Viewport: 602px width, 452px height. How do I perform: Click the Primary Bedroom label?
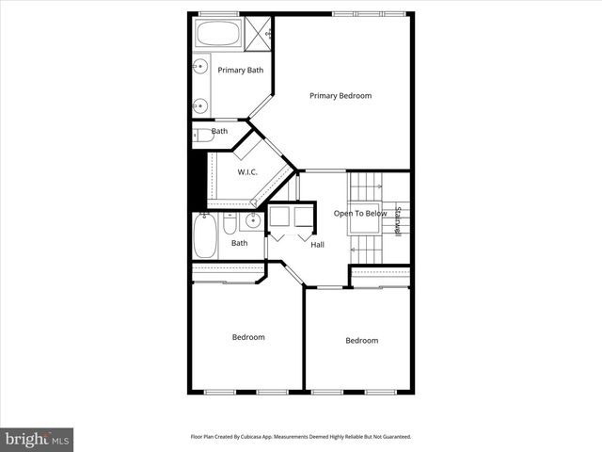[341, 95]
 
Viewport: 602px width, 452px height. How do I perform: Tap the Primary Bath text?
[241, 70]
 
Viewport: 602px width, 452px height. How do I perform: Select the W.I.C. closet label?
[247, 171]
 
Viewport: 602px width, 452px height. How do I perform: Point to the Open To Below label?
[360, 214]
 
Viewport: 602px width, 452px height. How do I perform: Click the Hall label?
[318, 245]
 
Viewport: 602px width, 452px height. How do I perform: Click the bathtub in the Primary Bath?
[217, 34]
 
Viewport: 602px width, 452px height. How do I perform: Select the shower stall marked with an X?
[260, 33]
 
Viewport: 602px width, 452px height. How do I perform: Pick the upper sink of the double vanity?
[200, 66]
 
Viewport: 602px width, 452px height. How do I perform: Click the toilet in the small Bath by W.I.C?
[202, 136]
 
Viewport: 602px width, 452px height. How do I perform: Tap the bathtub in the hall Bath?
[205, 235]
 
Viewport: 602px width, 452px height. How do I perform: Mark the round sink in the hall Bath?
[252, 222]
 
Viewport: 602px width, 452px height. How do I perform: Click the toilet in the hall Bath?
[231, 225]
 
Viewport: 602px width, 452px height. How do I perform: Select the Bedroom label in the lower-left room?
[248, 337]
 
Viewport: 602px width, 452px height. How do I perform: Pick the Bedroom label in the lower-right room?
[361, 341]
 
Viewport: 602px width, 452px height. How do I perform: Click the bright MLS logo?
[37, 439]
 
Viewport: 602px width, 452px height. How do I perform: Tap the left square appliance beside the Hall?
[279, 218]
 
